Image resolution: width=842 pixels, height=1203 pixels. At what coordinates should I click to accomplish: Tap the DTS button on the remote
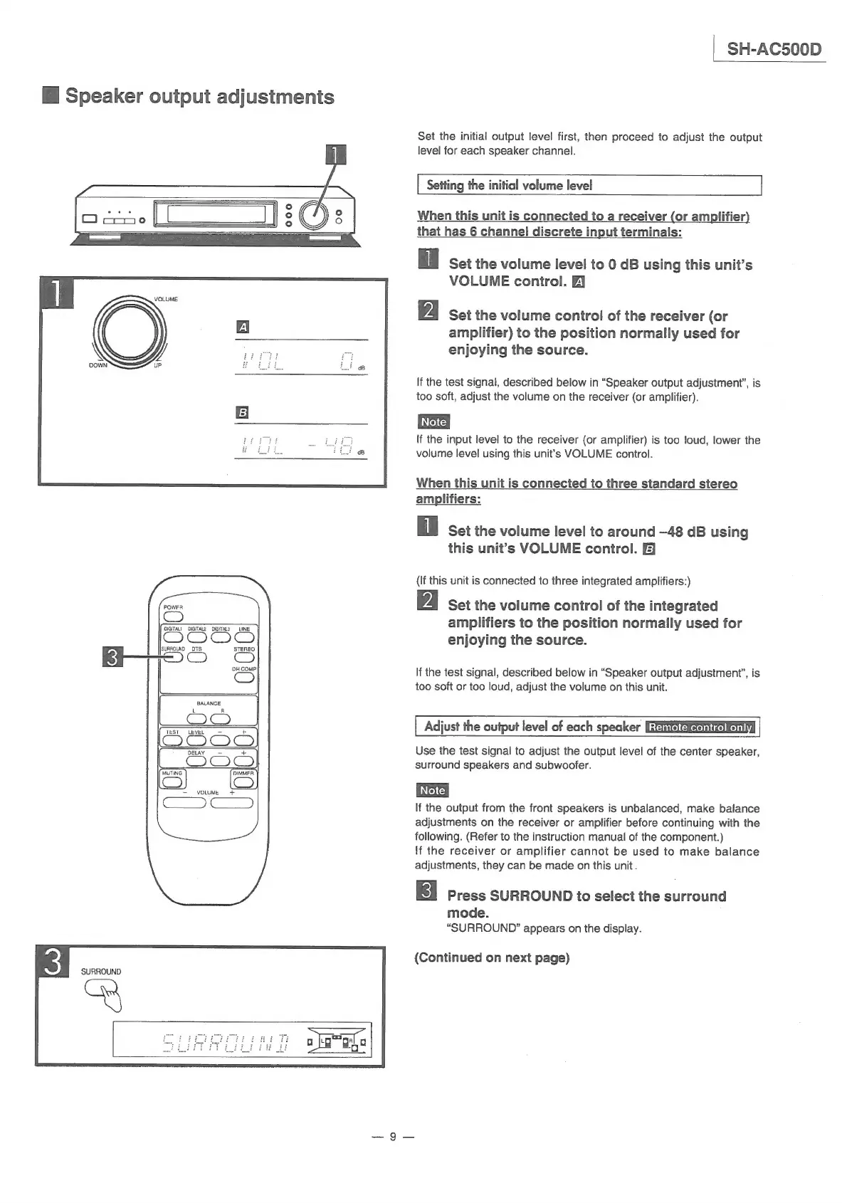click(x=197, y=657)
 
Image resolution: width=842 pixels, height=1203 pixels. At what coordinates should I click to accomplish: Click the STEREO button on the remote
click(x=245, y=657)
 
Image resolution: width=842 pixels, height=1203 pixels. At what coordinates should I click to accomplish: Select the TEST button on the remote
click(x=172, y=740)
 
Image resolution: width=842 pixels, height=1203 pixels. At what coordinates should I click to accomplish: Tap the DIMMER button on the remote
click(x=244, y=782)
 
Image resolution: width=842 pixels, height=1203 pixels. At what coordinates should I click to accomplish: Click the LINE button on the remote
click(x=245, y=636)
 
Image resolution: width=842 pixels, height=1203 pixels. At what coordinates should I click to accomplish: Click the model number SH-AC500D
click(x=774, y=49)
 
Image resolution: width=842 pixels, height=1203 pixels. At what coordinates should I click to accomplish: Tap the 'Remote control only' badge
click(x=701, y=727)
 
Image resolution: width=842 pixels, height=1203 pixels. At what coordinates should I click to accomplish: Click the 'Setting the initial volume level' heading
click(x=509, y=185)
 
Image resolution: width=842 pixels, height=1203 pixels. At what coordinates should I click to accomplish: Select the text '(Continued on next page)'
click(x=492, y=957)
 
